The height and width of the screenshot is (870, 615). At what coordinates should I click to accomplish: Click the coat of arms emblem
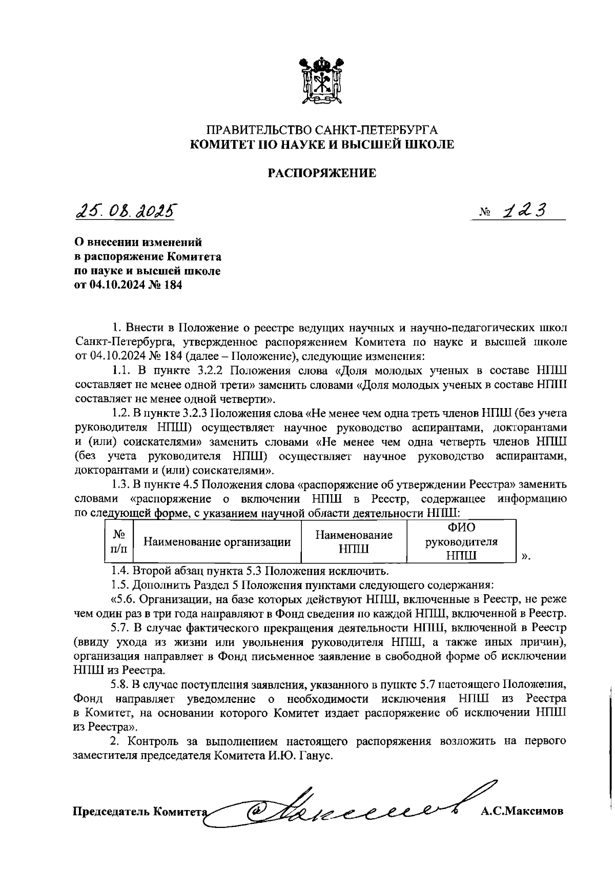coord(322,81)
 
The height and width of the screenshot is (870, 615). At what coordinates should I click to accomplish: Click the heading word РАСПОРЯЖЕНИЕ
coord(322,173)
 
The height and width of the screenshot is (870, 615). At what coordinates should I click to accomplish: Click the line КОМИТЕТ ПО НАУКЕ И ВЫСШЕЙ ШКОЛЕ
coord(322,145)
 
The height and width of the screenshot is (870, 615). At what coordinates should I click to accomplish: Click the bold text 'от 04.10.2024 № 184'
coord(128,286)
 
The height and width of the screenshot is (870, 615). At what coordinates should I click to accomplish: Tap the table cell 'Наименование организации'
coord(217,542)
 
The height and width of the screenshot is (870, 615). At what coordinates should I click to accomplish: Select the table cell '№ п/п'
coord(119,542)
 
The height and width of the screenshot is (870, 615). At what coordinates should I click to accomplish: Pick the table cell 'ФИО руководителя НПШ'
coord(461,542)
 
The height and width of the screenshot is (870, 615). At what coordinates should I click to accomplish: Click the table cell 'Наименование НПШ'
coord(354,542)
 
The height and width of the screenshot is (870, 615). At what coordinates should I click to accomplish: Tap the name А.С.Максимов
coord(522,811)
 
